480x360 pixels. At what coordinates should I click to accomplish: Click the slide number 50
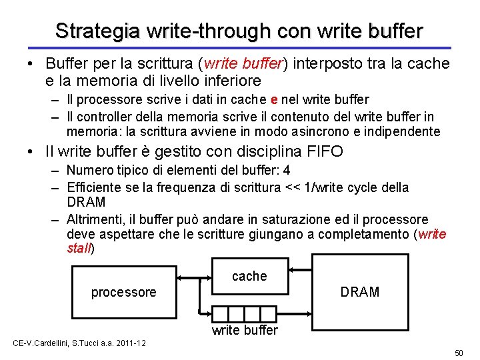tap(458, 352)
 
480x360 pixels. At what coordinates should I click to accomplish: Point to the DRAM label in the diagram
tap(359, 292)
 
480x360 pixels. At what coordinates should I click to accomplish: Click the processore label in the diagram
tap(123, 292)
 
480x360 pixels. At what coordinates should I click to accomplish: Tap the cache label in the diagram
tap(249, 276)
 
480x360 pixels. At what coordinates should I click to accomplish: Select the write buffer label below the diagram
tap(245, 330)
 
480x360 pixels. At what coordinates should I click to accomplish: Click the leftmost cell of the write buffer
tap(220, 314)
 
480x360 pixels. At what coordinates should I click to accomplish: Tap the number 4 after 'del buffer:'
tap(287, 170)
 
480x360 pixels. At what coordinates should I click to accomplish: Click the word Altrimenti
tap(97, 219)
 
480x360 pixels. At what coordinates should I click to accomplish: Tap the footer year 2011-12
tap(130, 343)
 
